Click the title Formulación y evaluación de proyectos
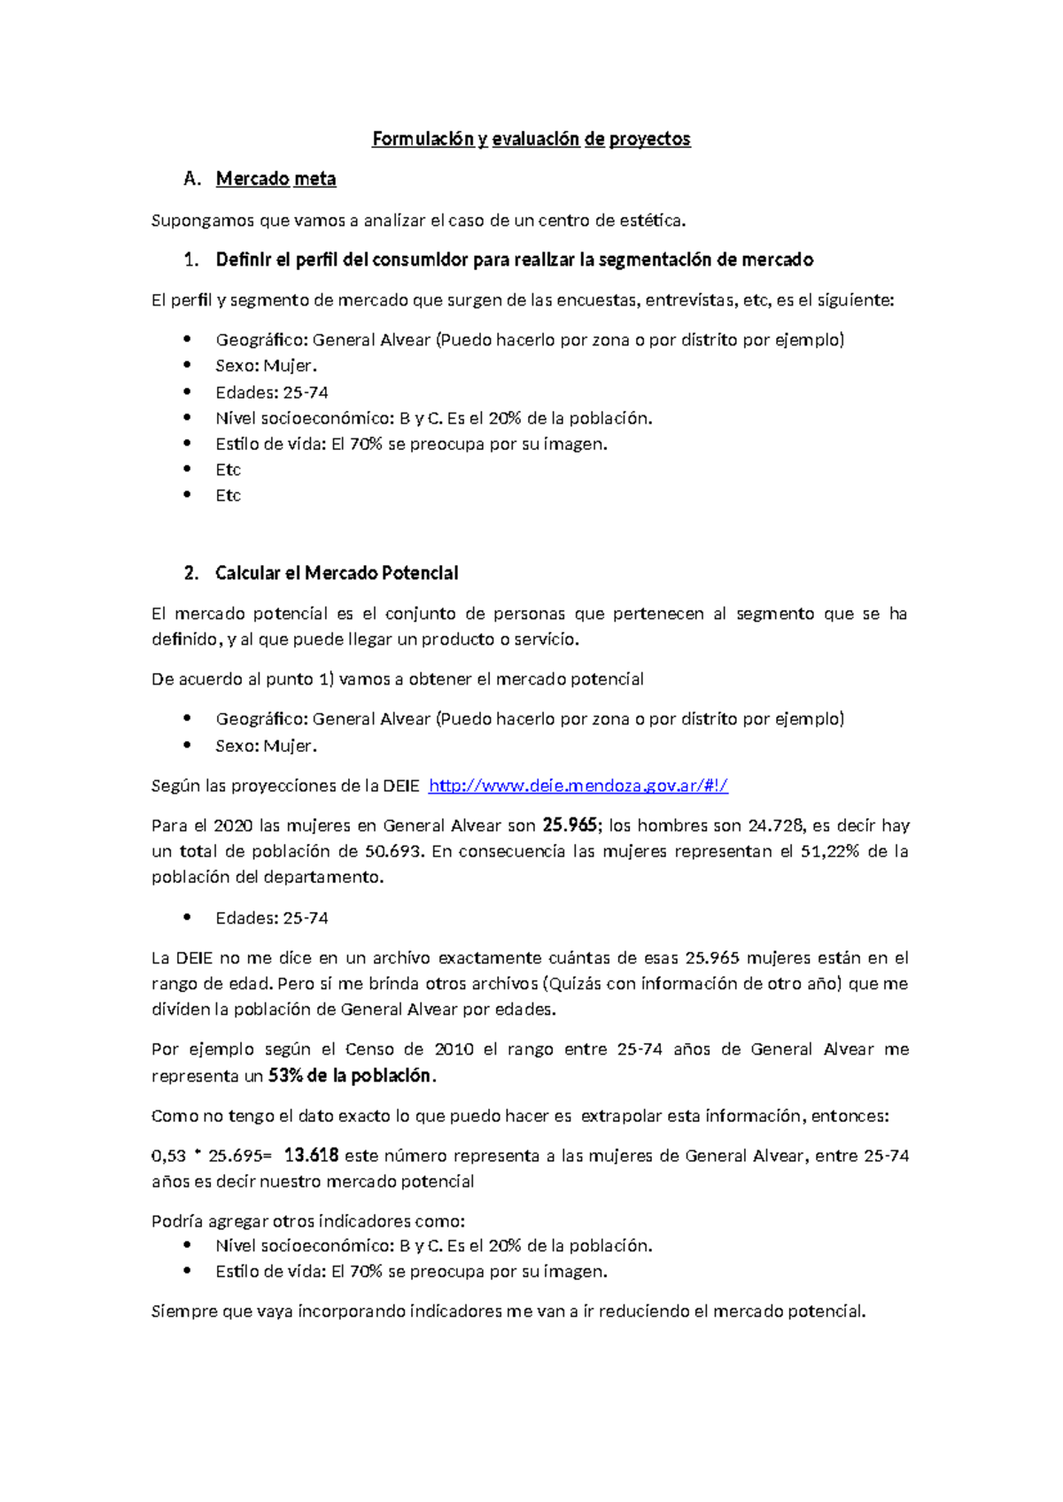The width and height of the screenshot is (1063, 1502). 531,139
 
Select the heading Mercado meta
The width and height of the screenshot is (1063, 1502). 275,179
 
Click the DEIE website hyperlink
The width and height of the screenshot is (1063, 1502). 578,786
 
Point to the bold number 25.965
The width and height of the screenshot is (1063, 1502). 570,825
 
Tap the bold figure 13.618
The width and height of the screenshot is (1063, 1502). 311,1156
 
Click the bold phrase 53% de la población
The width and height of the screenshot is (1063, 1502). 351,1076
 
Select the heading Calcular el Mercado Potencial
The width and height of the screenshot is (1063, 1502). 337,573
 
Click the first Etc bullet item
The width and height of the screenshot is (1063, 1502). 228,469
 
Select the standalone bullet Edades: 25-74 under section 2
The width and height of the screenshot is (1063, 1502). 272,918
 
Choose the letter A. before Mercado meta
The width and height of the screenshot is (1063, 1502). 192,179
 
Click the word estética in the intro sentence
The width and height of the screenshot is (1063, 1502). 656,221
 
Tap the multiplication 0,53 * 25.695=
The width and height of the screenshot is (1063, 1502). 213,1156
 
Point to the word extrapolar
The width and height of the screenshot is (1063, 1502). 620,1116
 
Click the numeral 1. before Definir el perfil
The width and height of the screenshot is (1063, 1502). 191,259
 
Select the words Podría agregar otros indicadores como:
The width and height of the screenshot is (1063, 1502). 308,1221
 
